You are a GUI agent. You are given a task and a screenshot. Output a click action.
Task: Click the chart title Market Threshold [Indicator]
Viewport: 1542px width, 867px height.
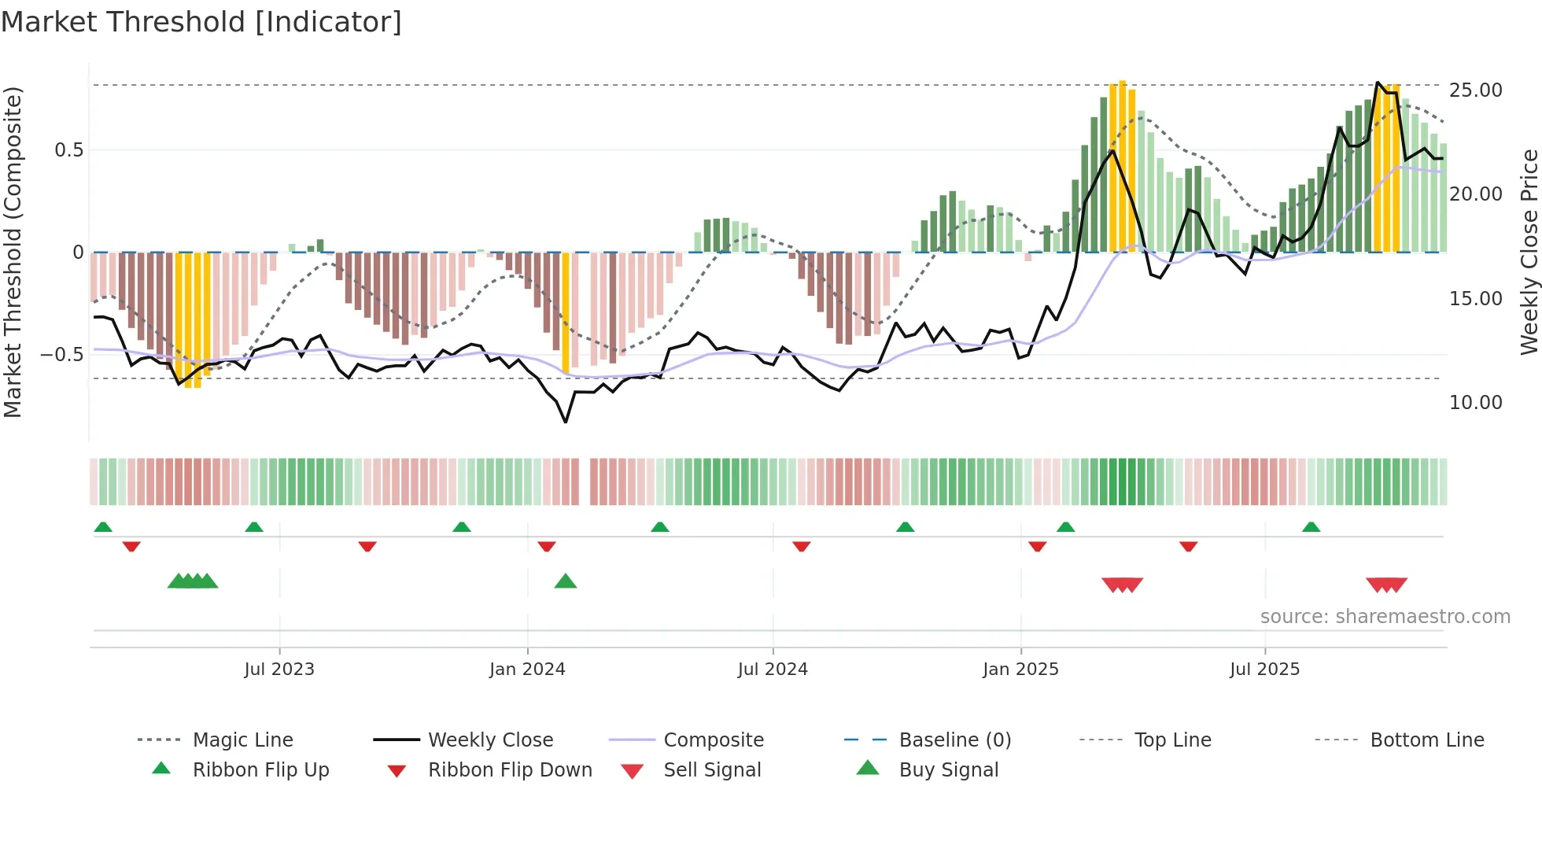coord(201,22)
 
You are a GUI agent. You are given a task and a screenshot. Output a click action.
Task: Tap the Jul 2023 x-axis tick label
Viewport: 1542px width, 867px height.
coord(279,670)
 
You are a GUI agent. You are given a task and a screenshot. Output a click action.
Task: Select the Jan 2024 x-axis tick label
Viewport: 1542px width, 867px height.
coord(527,670)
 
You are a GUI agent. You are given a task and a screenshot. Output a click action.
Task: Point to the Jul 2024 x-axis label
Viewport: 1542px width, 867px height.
coord(773,670)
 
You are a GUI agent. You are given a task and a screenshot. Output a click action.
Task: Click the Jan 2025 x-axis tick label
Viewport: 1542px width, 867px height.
coord(1020,670)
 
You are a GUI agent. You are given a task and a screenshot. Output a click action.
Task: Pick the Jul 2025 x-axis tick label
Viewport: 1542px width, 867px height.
coord(1265,670)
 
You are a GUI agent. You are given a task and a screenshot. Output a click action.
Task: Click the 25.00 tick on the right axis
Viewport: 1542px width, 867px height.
coord(1476,90)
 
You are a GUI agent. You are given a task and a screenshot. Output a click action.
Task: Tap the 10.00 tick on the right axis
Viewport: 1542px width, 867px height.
coord(1476,403)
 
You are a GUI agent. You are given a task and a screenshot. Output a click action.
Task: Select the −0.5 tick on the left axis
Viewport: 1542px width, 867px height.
coord(62,355)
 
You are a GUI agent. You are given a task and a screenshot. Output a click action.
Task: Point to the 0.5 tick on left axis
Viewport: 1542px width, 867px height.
coord(69,150)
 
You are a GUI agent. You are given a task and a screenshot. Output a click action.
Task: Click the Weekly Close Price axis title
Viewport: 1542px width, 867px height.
coord(1529,252)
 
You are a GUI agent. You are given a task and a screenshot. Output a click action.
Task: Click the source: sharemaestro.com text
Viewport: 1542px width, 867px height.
coord(1385,617)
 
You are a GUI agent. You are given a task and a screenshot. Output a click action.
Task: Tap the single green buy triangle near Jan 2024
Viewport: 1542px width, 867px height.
coord(566,582)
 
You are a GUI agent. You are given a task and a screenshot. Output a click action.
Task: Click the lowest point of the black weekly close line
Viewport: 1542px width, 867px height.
coord(566,422)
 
